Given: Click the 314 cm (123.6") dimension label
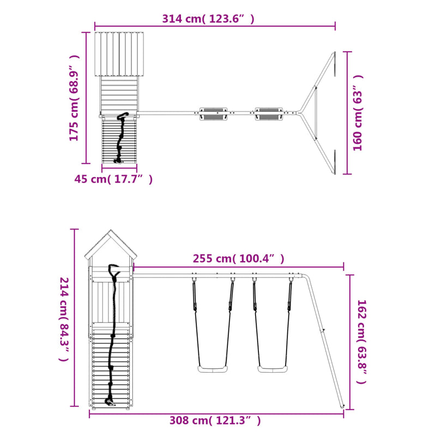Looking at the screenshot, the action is (208, 19).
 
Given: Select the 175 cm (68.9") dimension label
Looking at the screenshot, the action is (75, 98).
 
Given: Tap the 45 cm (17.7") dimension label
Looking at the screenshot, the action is (113, 179).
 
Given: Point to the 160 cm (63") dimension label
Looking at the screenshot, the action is (358, 113).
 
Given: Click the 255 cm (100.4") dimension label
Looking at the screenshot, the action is (239, 258).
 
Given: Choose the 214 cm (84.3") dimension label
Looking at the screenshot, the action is (64, 319).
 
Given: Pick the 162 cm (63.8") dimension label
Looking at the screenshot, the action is (362, 342).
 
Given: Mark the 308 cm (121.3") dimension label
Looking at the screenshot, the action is (215, 420).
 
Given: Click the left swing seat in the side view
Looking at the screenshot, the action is (213, 370).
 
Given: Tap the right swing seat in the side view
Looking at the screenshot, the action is (273, 370).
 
